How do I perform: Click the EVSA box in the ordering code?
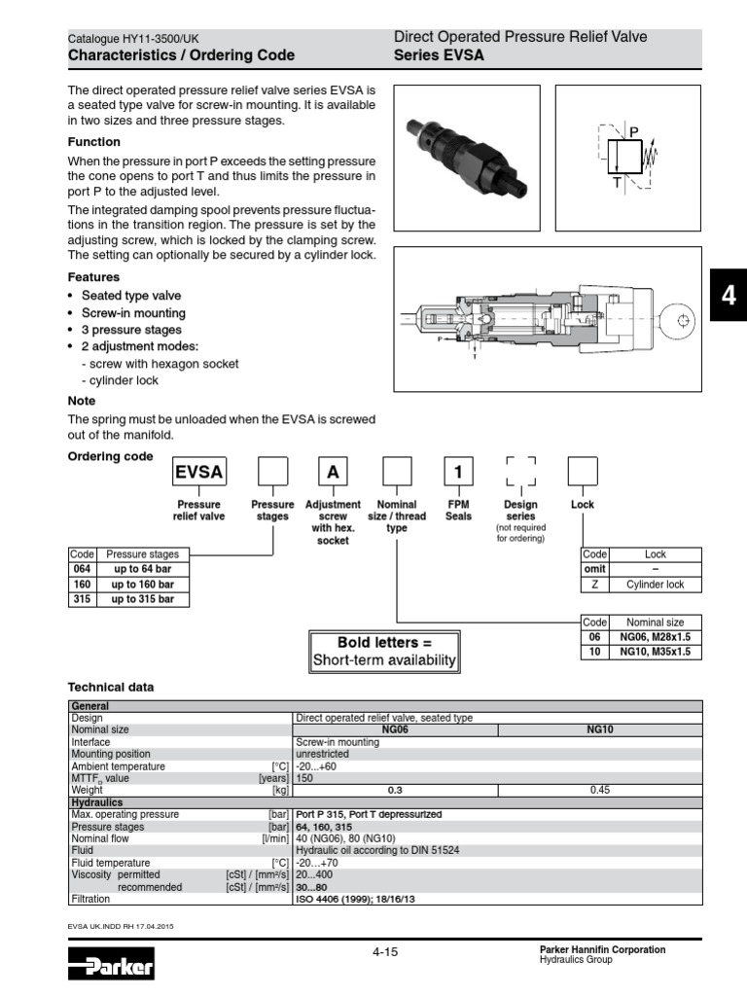[198, 474]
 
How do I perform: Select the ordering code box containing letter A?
[334, 474]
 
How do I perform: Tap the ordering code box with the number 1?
[458, 474]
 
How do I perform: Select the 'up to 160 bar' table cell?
[142, 584]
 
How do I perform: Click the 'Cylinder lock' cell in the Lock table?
[655, 585]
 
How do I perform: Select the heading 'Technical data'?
[110, 688]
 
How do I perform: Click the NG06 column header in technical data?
[394, 729]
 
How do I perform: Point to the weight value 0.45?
[599, 791]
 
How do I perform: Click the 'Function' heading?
[93, 142]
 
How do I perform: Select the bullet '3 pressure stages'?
[131, 330]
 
